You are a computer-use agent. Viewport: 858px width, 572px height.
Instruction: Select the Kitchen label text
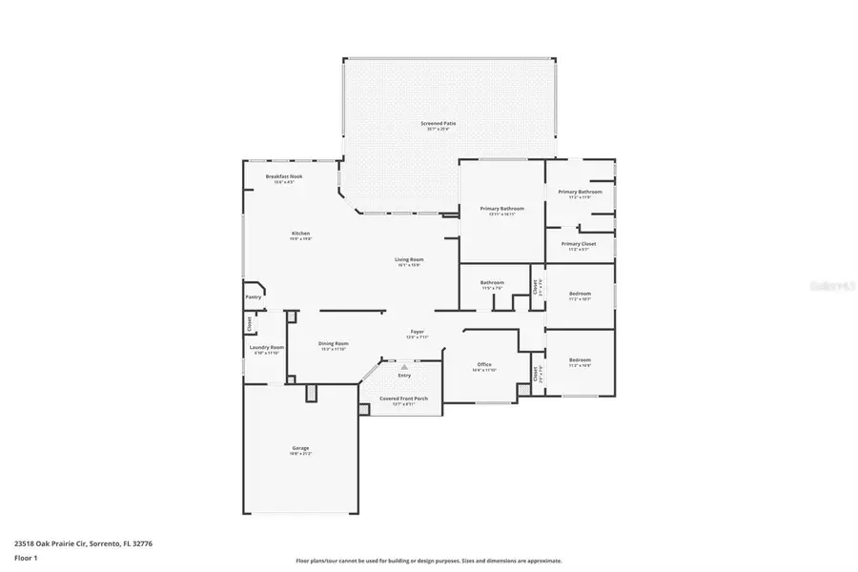[300, 234]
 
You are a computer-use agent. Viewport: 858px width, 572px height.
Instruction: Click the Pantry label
[254, 296]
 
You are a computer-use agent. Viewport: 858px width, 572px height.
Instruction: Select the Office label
[484, 364]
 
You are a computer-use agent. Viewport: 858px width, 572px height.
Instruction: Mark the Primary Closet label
[579, 244]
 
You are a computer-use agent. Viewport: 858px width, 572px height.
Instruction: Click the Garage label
[300, 448]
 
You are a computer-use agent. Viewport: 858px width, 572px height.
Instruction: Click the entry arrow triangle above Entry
[404, 365]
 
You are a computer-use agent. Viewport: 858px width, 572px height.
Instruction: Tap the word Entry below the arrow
[404, 375]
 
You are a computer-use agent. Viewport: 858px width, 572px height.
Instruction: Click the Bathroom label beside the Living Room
[492, 282]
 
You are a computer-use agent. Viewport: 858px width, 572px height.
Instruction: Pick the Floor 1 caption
[25, 556]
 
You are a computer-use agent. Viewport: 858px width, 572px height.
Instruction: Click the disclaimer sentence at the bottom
[428, 561]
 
